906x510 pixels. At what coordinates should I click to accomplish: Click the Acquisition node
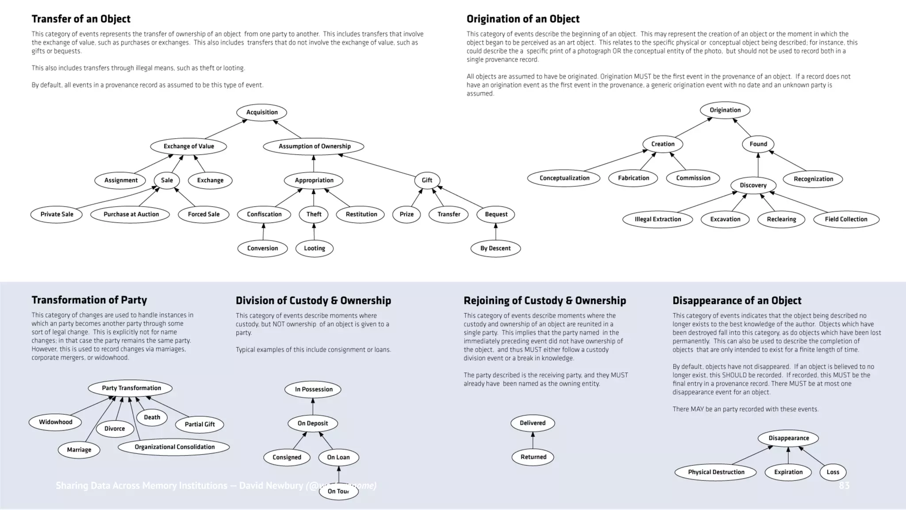[261, 112]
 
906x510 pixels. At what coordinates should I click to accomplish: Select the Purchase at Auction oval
[131, 214]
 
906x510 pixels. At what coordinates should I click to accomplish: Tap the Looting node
[314, 248]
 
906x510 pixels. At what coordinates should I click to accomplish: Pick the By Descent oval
[495, 248]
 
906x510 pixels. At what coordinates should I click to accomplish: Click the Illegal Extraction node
[657, 219]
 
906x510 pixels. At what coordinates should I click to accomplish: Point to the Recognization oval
[813, 179]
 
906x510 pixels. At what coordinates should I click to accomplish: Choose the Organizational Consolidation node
[174, 447]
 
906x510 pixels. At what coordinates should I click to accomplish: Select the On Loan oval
[338, 457]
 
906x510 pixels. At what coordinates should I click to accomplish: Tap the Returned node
[533, 457]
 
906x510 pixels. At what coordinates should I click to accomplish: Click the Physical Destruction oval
[716, 472]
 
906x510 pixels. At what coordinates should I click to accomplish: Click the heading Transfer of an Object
[81, 19]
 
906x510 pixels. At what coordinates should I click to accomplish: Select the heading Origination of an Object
[523, 19]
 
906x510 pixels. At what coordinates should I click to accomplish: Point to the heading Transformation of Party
[89, 300]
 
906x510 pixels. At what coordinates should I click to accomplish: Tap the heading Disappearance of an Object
[737, 301]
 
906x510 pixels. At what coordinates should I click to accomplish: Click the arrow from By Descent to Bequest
[495, 232]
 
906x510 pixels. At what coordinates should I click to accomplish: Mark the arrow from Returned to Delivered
[533, 440]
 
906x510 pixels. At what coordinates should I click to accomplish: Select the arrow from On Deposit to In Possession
[313, 406]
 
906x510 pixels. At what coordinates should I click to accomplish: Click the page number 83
[844, 486]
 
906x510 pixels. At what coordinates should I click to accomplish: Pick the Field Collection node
[846, 219]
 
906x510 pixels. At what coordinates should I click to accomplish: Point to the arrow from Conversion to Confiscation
[263, 232]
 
